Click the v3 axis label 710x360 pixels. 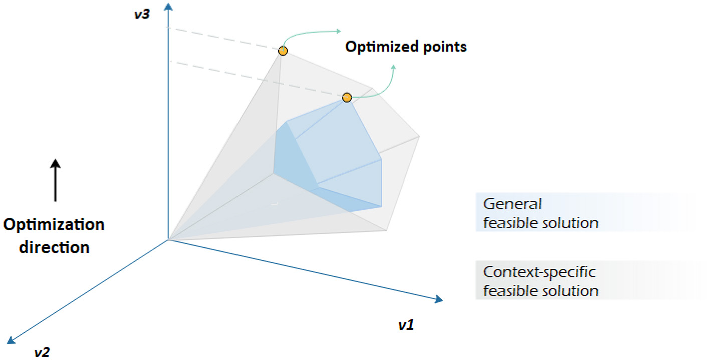[x=141, y=14]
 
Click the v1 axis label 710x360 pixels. [x=406, y=326]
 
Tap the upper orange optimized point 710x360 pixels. [x=283, y=51]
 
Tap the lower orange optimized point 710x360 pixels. [x=347, y=97]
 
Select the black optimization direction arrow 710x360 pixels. [x=55, y=181]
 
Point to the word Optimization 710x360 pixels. [x=54, y=224]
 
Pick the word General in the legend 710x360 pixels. [x=512, y=204]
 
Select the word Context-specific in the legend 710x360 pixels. [x=539, y=273]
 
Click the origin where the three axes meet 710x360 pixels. [x=167, y=240]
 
